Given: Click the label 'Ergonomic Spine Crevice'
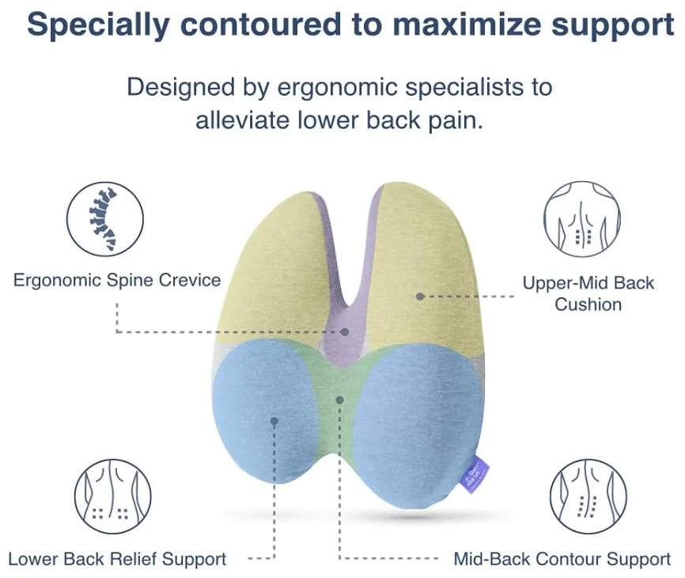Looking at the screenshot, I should [x=117, y=280].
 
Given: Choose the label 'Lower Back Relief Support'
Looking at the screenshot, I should [x=117, y=559].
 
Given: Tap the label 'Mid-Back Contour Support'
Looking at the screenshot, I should [x=562, y=559].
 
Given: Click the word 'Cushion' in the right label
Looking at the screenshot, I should [x=588, y=304].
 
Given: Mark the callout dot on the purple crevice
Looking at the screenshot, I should [x=345, y=332].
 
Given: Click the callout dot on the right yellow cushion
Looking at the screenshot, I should [x=421, y=296].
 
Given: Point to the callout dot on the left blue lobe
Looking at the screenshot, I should [x=274, y=421].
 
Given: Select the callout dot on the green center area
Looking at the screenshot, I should [x=339, y=400].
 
